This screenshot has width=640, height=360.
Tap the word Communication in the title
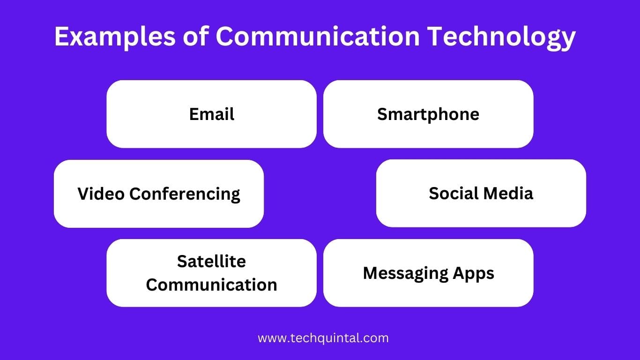coord(317,37)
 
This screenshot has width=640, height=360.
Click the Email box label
coord(212,114)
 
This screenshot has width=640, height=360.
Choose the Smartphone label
coord(428,114)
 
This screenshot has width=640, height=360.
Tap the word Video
coord(101,194)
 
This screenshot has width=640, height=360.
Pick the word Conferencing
coord(185,194)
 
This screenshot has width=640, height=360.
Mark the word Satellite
coord(211,261)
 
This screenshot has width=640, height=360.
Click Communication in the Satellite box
coord(211,285)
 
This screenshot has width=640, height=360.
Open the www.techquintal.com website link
coord(323,337)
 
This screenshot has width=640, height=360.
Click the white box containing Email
coord(212,134)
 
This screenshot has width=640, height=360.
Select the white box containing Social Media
coord(481,213)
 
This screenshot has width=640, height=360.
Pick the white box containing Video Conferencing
coord(159,213)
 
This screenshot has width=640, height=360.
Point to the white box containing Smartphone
coord(428,134)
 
